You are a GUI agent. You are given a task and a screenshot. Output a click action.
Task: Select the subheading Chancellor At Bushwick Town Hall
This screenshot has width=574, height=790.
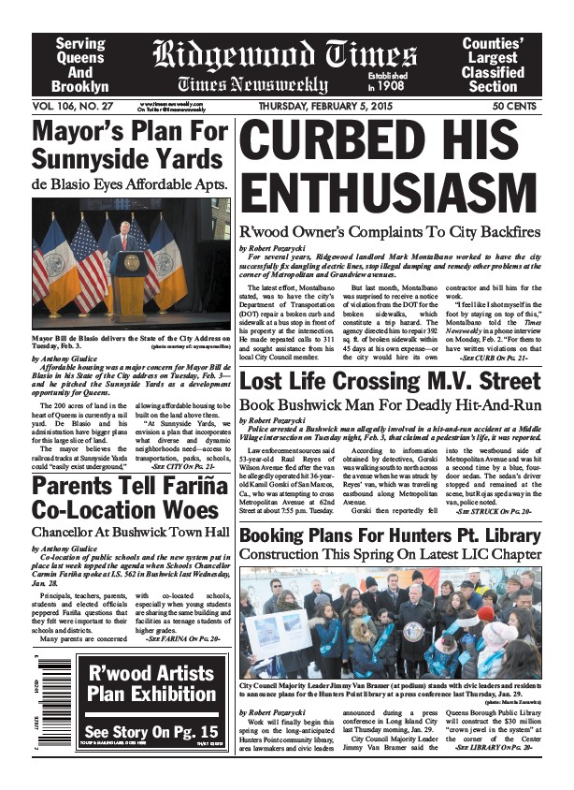(129, 535)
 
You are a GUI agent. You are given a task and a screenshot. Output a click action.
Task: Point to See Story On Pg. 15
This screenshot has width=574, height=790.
(151, 731)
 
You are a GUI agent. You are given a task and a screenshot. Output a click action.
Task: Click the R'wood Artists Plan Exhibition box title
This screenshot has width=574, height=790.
(151, 683)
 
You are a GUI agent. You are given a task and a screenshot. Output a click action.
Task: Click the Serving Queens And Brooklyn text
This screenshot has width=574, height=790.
(80, 65)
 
